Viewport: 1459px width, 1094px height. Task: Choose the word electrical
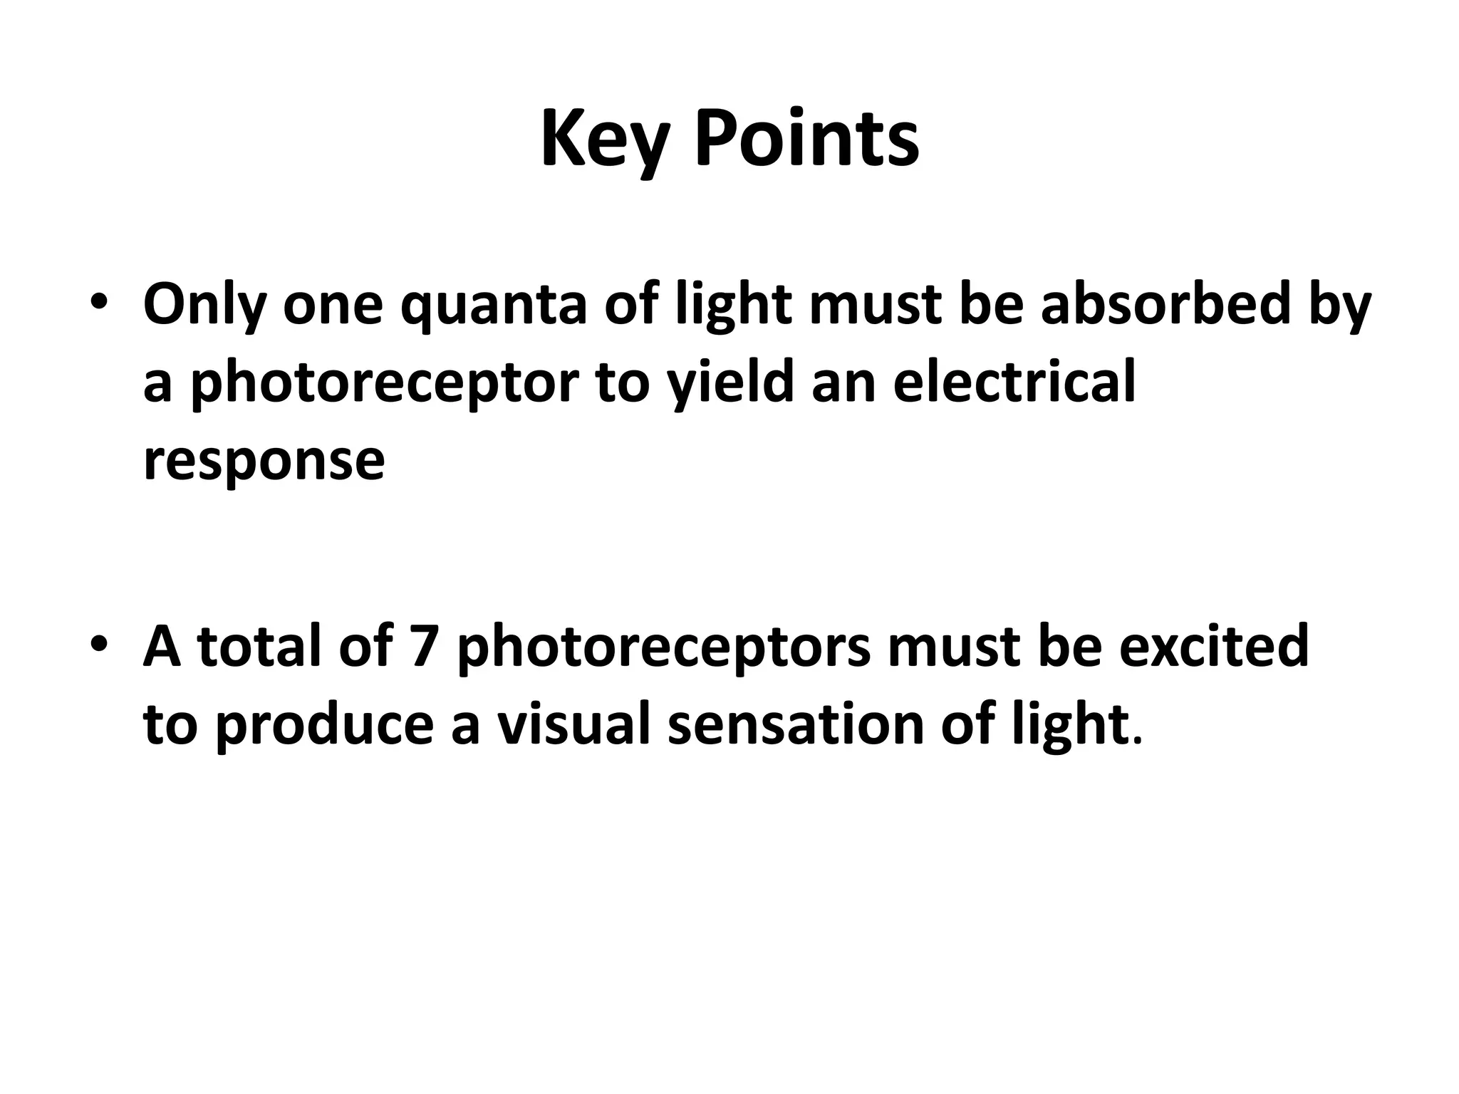(x=1014, y=382)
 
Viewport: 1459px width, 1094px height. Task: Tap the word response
(x=264, y=462)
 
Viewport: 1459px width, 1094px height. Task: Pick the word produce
(x=325, y=725)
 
